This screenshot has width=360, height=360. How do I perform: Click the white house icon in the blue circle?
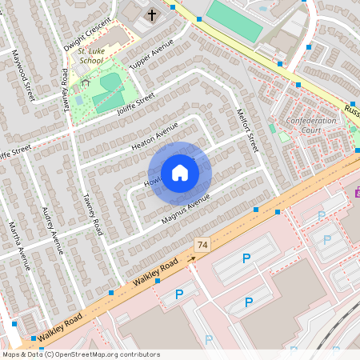180,173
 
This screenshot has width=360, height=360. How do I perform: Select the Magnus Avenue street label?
185,208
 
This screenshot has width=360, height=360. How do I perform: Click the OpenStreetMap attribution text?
80,354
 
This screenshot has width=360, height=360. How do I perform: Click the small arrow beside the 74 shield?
191,258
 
